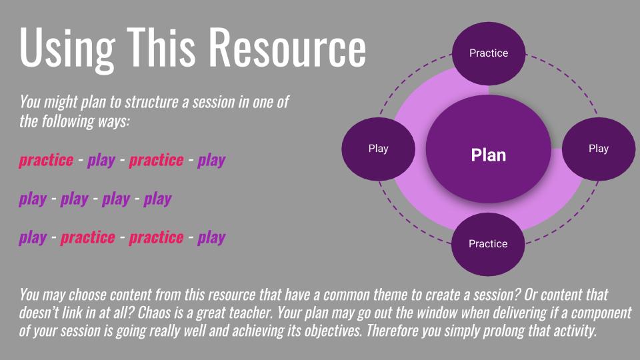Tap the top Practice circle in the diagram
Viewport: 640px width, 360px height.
489,53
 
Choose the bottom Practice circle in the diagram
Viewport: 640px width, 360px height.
488,244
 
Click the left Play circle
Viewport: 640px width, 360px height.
378,149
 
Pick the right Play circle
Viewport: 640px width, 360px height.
598,149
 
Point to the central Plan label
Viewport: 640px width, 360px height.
488,155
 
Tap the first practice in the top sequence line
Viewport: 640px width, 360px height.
46,161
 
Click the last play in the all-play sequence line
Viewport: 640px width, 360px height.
158,199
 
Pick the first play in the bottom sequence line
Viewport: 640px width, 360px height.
33,238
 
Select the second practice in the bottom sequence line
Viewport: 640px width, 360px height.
156,238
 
